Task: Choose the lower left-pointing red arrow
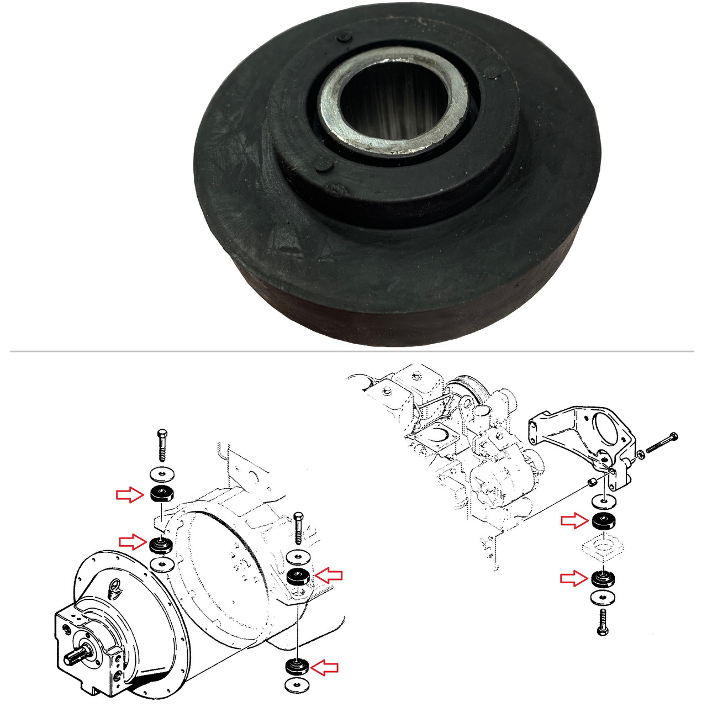click(x=324, y=667)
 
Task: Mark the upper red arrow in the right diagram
click(x=574, y=520)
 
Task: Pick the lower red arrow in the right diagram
click(x=573, y=578)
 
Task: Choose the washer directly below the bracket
click(x=603, y=502)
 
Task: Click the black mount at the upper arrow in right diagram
click(x=604, y=521)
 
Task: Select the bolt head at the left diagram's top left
click(x=161, y=434)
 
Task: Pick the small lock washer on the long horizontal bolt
click(x=640, y=455)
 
